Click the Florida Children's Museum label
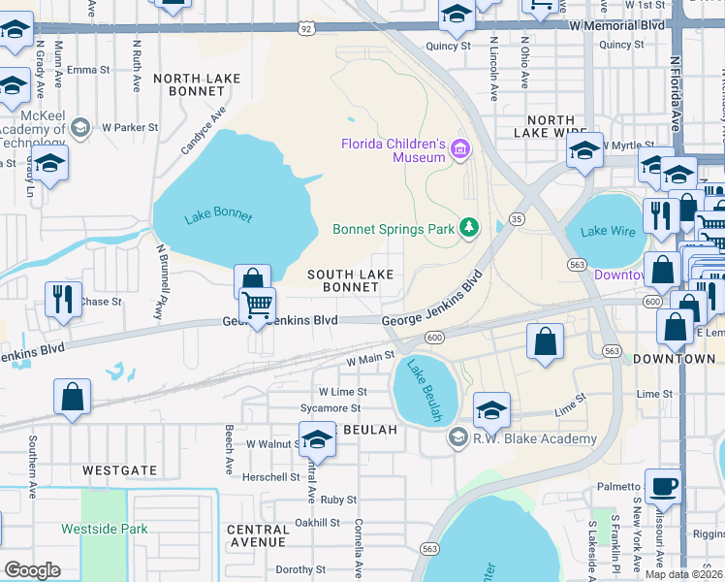click(x=392, y=150)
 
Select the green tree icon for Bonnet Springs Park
click(x=469, y=228)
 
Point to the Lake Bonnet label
click(x=218, y=215)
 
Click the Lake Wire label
click(x=607, y=231)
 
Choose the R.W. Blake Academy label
click(x=521, y=439)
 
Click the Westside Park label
click(x=105, y=529)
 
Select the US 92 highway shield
click(x=306, y=30)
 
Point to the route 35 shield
click(x=519, y=219)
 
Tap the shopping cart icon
click(x=258, y=306)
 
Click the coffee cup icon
click(x=663, y=486)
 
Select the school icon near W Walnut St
click(x=317, y=439)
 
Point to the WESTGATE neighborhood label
click(x=119, y=469)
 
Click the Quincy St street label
click(x=447, y=46)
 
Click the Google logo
click(x=32, y=569)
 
